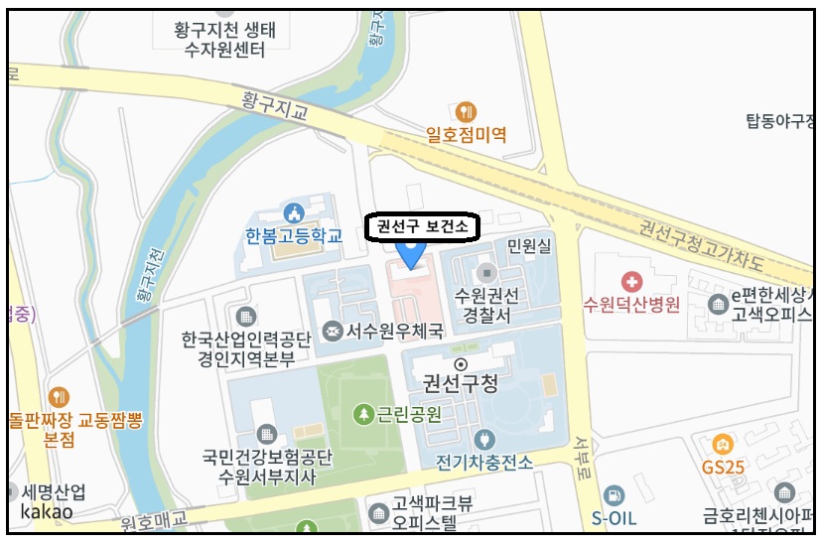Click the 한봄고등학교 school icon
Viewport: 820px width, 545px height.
[293, 212]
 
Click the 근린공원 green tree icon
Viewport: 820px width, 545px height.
[364, 413]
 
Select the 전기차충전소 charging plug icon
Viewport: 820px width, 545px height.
[484, 439]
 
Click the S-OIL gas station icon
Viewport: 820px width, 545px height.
[615, 494]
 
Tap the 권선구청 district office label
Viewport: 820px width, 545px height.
[461, 382]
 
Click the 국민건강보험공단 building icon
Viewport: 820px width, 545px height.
[266, 433]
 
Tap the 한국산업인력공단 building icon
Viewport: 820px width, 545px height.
[246, 317]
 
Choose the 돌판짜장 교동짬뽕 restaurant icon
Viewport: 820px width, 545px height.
[59, 396]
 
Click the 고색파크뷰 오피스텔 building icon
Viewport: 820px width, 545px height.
[378, 513]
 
